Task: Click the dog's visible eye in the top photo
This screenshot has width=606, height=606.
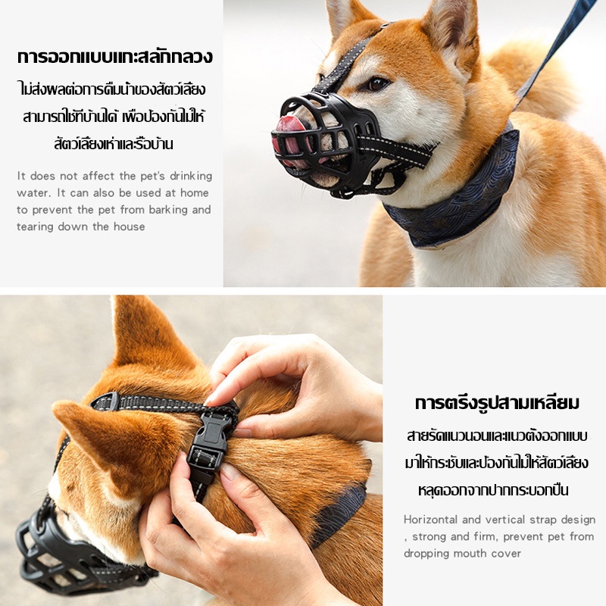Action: point(377,83)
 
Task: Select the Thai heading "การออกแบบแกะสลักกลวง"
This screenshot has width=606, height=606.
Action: point(115,58)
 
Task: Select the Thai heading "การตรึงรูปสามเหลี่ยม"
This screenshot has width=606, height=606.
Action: point(497,403)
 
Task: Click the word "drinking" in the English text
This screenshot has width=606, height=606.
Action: point(191,176)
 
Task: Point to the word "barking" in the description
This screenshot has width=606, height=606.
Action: point(168,210)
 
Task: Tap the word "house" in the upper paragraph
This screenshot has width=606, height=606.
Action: point(129,226)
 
